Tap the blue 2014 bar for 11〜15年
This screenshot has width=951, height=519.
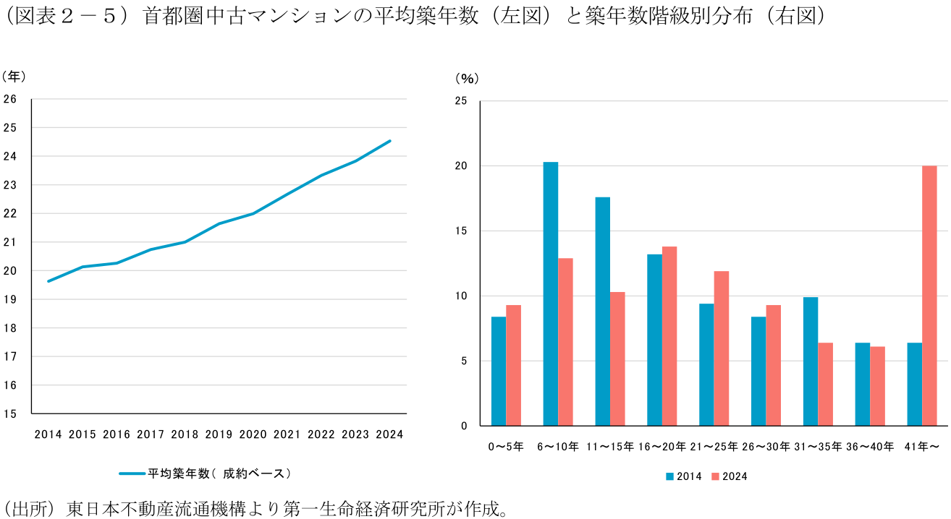(603, 311)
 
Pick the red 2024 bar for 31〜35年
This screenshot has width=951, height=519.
(825, 384)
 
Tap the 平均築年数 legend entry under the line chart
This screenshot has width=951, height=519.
(206, 473)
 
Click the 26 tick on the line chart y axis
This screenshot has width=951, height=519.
(10, 99)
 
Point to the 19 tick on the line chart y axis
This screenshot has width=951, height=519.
(10, 299)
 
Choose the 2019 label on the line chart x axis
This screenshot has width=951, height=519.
(219, 434)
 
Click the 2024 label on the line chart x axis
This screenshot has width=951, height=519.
(390, 434)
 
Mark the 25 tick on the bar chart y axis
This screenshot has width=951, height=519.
(460, 100)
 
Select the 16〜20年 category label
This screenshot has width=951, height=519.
(662, 447)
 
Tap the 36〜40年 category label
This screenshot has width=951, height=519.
(869, 447)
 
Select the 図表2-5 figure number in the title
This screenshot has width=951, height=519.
(65, 17)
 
